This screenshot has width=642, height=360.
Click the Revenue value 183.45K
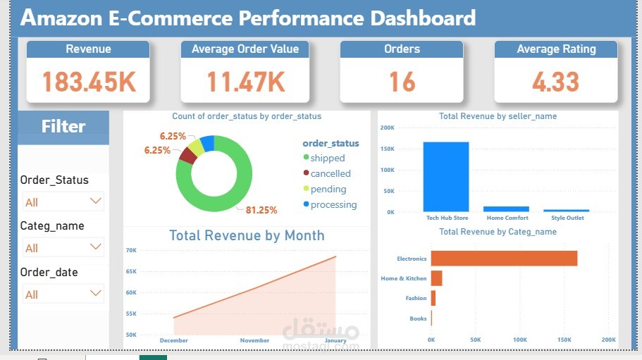pyautogui.click(x=88, y=82)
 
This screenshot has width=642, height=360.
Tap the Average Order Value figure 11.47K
pyautogui.click(x=245, y=82)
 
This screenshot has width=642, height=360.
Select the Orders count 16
pyautogui.click(x=402, y=82)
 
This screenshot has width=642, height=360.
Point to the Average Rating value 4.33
pyautogui.click(x=555, y=82)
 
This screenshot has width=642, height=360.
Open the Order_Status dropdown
pyautogui.click(x=63, y=201)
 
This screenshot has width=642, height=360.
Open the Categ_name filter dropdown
pyautogui.click(x=63, y=248)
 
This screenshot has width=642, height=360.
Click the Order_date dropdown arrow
pyautogui.click(x=96, y=293)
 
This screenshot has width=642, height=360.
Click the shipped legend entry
pyautogui.click(x=327, y=158)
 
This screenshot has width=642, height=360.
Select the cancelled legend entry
pyautogui.click(x=330, y=173)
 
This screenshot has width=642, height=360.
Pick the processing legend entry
pyautogui.click(x=333, y=204)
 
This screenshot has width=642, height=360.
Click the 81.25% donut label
pyautogui.click(x=261, y=210)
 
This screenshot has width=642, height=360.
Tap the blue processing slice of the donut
pyautogui.click(x=207, y=144)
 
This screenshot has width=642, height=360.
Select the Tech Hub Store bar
pyautogui.click(x=446, y=176)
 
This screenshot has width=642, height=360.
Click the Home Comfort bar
pyautogui.click(x=506, y=209)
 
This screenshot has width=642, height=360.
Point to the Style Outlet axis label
pyautogui.click(x=567, y=218)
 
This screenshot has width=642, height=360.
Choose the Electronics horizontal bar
pyautogui.click(x=504, y=259)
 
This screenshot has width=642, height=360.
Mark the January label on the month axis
pyautogui.click(x=335, y=340)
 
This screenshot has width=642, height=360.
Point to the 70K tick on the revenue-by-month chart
pyautogui.click(x=131, y=250)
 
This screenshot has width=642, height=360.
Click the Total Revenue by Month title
pyautogui.click(x=247, y=235)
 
